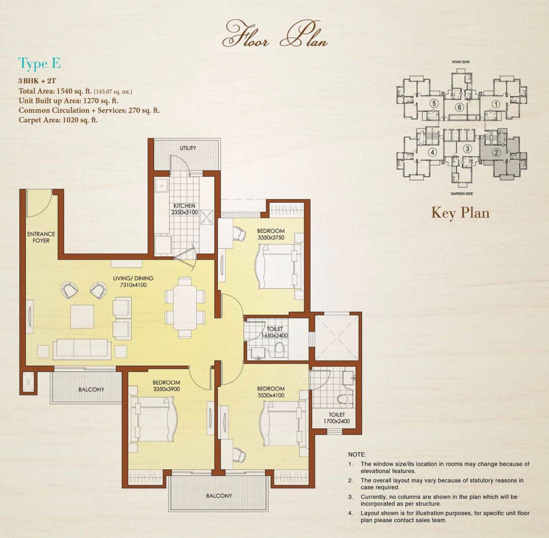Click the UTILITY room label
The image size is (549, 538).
click(x=188, y=148)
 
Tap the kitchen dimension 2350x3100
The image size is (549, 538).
click(x=184, y=212)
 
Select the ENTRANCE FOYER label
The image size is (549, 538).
click(x=41, y=237)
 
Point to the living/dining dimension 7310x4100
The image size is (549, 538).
click(x=133, y=285)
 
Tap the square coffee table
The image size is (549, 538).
click(x=82, y=317)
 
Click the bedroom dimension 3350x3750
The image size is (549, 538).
click(x=271, y=238)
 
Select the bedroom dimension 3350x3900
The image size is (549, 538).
click(x=166, y=389)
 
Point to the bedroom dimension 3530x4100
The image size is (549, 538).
click(x=271, y=395)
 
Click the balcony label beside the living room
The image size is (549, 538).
click(x=91, y=389)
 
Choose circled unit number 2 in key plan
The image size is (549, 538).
click(x=496, y=153)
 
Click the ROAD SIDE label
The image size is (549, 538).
click(x=461, y=62)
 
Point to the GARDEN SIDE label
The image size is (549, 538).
click(x=462, y=194)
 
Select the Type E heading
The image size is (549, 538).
click(x=39, y=64)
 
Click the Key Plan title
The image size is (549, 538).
click(x=461, y=213)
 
